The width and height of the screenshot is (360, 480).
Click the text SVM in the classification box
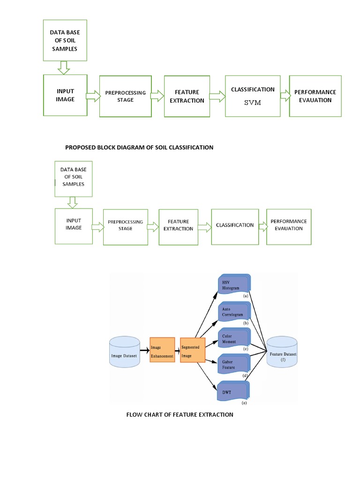coord(252,102)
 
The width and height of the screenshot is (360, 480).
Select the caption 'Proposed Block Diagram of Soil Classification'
coord(139,147)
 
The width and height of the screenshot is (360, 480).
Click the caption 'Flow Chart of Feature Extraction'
coord(180,414)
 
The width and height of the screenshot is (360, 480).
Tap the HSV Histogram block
coord(233,285)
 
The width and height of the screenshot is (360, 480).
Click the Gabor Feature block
coord(233,366)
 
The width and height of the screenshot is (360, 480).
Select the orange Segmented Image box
coord(193,350)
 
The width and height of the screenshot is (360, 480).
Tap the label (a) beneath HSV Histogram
coord(245,296)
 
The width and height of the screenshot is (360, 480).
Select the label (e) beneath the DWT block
coord(244,403)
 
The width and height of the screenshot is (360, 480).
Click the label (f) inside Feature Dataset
coord(283,360)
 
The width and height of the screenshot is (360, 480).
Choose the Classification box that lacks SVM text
coord(235,225)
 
